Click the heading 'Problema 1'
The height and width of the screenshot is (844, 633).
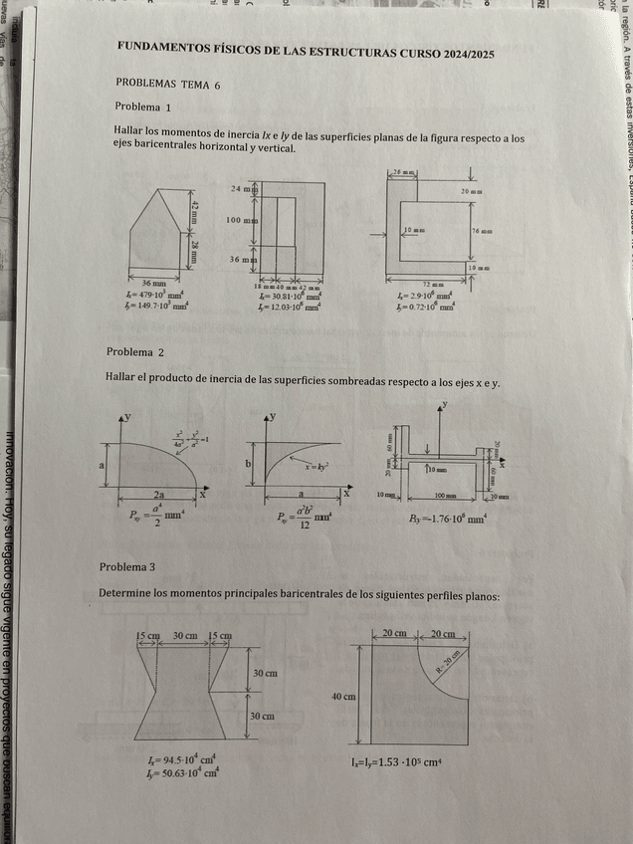(x=143, y=106)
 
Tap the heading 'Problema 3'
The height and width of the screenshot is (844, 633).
(x=127, y=566)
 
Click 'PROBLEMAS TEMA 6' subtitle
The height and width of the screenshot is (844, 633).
(x=167, y=85)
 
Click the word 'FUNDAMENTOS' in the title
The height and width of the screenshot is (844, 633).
(x=162, y=47)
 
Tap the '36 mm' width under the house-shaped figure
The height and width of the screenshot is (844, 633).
(x=153, y=284)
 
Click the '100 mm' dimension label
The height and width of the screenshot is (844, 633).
(x=242, y=219)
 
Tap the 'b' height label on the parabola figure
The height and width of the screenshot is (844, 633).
(x=249, y=464)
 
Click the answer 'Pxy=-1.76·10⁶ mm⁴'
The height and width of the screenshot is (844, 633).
(x=446, y=519)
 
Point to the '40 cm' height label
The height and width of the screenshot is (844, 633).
(x=343, y=697)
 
